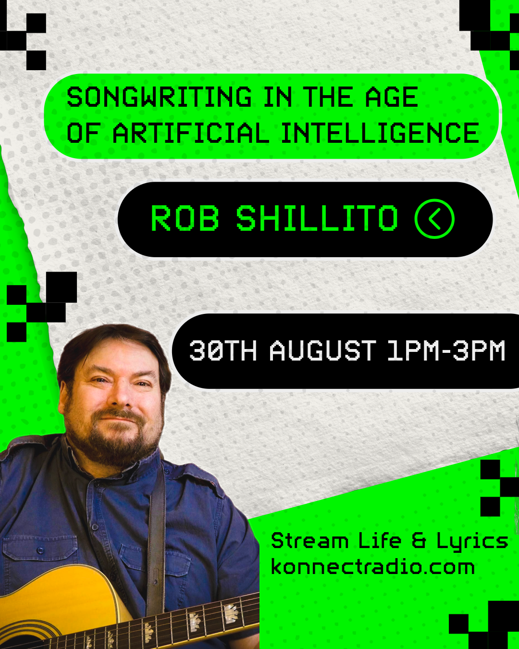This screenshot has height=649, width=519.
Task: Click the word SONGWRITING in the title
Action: tap(159, 97)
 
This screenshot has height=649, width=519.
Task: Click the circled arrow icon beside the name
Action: tap(434, 219)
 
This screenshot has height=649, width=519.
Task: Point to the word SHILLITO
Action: tap(317, 218)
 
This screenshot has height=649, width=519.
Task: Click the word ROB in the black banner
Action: tap(185, 218)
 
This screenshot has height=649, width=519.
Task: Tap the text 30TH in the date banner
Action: tap(223, 350)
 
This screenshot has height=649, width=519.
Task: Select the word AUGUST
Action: tap(323, 350)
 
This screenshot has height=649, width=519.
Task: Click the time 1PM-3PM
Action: tap(446, 350)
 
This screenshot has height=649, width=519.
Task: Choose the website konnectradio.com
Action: tap(373, 567)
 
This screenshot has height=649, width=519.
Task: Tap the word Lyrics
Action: tap(472, 542)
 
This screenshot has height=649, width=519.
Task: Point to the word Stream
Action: tap(309, 540)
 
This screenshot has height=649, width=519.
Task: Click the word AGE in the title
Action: tap(392, 97)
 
